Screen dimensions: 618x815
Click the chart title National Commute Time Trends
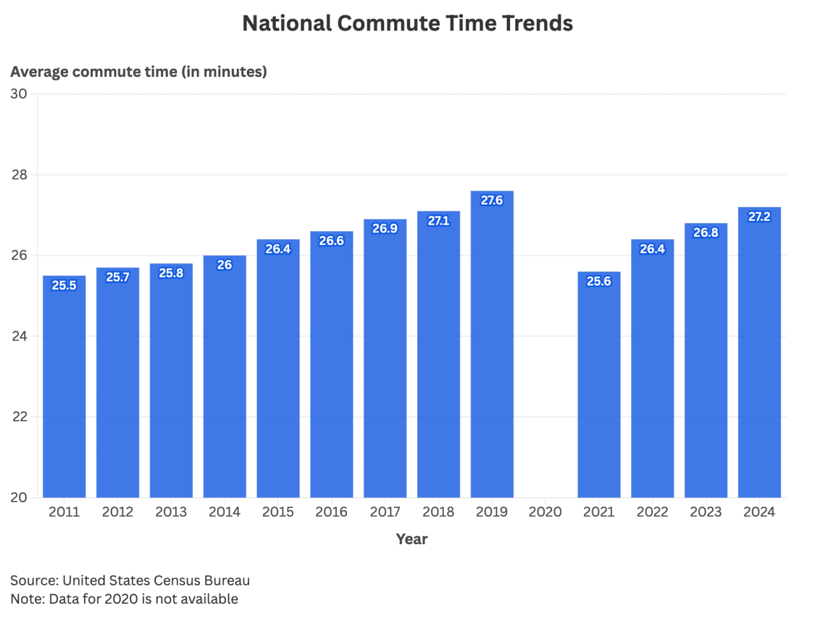pyautogui.click(x=407, y=24)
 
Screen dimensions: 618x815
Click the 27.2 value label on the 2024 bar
pyautogui.click(x=759, y=216)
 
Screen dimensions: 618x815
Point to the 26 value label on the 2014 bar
pyautogui.click(x=225, y=265)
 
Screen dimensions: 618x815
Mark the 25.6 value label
pyautogui.click(x=599, y=281)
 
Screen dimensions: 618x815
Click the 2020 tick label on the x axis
pyautogui.click(x=545, y=512)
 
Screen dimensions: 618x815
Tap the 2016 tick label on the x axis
pyautogui.click(x=331, y=512)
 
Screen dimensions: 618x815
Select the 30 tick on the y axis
pyautogui.click(x=19, y=94)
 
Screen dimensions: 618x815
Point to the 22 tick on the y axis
pyautogui.click(x=19, y=417)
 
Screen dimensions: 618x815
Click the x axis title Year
pyautogui.click(x=411, y=539)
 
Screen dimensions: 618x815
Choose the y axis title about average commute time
pyautogui.click(x=139, y=71)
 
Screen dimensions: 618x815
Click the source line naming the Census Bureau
pyautogui.click(x=130, y=580)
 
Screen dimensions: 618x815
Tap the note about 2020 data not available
pyautogui.click(x=124, y=599)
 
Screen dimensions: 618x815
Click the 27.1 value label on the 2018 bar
pyautogui.click(x=438, y=221)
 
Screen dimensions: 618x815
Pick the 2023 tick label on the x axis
pyautogui.click(x=705, y=512)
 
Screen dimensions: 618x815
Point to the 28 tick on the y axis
pyautogui.click(x=19, y=174)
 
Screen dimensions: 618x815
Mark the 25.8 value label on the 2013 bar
pyautogui.click(x=171, y=273)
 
